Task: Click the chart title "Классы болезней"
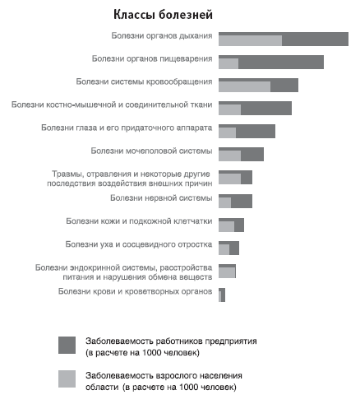click(163, 15)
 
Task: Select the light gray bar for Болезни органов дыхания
click(250, 40)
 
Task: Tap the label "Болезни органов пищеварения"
click(152, 59)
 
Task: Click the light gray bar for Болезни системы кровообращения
click(244, 86)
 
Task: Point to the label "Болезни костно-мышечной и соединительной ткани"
click(112, 104)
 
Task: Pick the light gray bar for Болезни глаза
click(227, 132)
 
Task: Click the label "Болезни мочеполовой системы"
click(151, 151)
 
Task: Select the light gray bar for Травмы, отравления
click(229, 179)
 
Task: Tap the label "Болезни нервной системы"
click(161, 198)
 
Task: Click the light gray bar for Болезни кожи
click(226, 227)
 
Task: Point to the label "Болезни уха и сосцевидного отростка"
click(139, 244)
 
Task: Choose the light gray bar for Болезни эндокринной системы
click(227, 273)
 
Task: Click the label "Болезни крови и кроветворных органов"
click(135, 291)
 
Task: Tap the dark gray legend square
click(67, 345)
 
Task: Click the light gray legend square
click(67, 378)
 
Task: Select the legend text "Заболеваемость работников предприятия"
click(171, 341)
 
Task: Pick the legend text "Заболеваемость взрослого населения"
click(164, 375)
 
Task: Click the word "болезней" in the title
click(186, 15)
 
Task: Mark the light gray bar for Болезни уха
click(224, 250)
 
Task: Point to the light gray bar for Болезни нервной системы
click(224, 203)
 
